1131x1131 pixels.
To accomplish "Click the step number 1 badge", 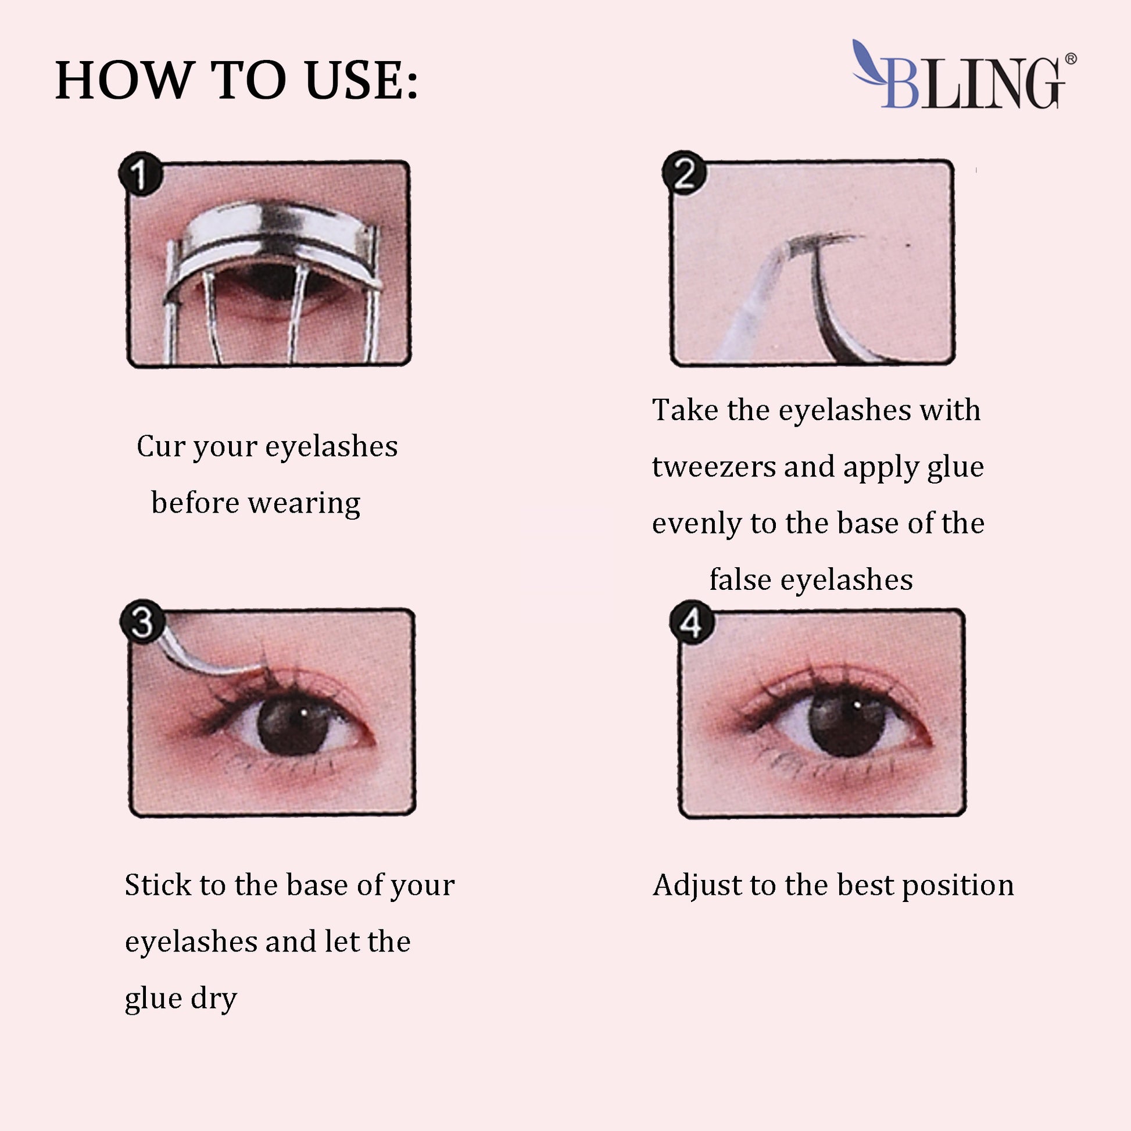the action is pos(140,173).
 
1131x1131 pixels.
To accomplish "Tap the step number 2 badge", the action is pos(683,173).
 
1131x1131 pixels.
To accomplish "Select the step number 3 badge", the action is pos(142,622).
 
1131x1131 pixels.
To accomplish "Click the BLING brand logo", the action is pos(964,75).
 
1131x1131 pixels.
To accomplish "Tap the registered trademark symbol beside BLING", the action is pos(1071,59).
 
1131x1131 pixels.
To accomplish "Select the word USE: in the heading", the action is pos(362,80).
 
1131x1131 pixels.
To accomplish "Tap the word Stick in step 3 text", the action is pos(158,885).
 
